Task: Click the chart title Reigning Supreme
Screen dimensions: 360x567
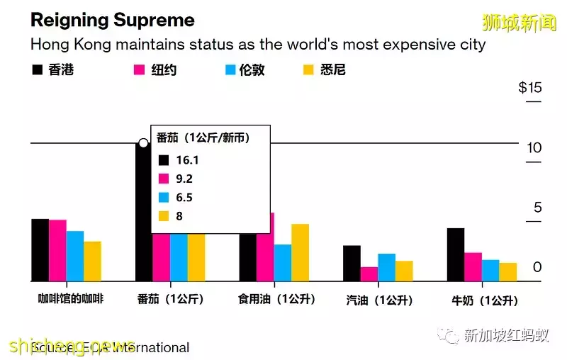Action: pyautogui.click(x=112, y=20)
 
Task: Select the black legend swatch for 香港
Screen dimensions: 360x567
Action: pyautogui.click(x=37, y=70)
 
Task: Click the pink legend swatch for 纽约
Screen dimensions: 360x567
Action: pyautogui.click(x=139, y=70)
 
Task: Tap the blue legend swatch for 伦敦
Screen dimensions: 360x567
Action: pyautogui.click(x=230, y=70)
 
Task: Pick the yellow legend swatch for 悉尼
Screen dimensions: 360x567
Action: pyautogui.click(x=308, y=70)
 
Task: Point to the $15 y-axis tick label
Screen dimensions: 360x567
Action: pyautogui.click(x=529, y=88)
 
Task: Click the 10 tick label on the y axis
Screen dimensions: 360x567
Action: pyautogui.click(x=534, y=148)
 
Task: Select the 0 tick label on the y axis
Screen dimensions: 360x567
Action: pyautogui.click(x=537, y=267)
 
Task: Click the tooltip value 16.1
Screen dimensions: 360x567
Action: pyautogui.click(x=188, y=161)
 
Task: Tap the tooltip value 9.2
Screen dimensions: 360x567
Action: pyautogui.click(x=184, y=179)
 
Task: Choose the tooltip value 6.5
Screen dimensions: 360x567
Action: pyautogui.click(x=184, y=198)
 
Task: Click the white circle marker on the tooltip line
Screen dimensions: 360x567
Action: pyautogui.click(x=144, y=143)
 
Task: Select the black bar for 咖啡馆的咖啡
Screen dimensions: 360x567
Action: pyautogui.click(x=40, y=250)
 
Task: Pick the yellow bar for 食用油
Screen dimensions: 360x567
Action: pyautogui.click(x=300, y=253)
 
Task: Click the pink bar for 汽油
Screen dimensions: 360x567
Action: pyautogui.click(x=369, y=274)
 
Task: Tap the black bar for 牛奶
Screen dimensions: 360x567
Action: pyautogui.click(x=456, y=254)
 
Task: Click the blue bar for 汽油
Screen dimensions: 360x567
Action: pyautogui.click(x=386, y=267)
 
